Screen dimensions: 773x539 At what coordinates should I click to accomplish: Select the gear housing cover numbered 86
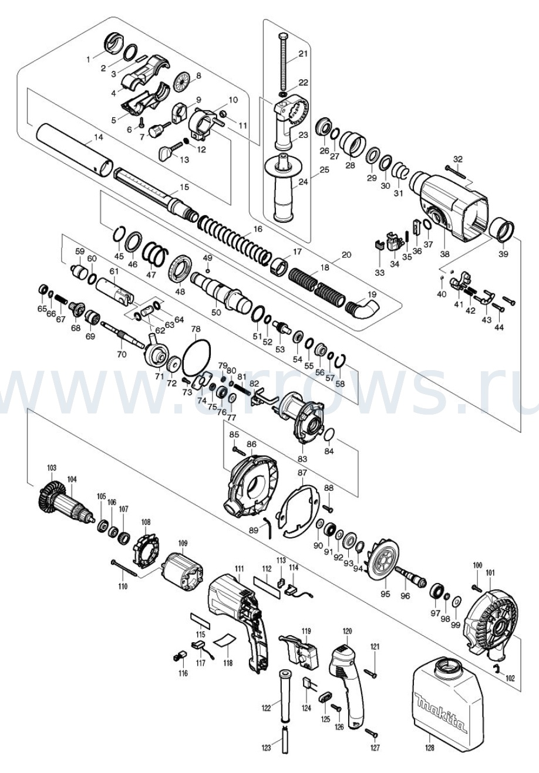pos(248,484)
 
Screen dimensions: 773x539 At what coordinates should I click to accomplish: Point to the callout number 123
pos(267,747)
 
